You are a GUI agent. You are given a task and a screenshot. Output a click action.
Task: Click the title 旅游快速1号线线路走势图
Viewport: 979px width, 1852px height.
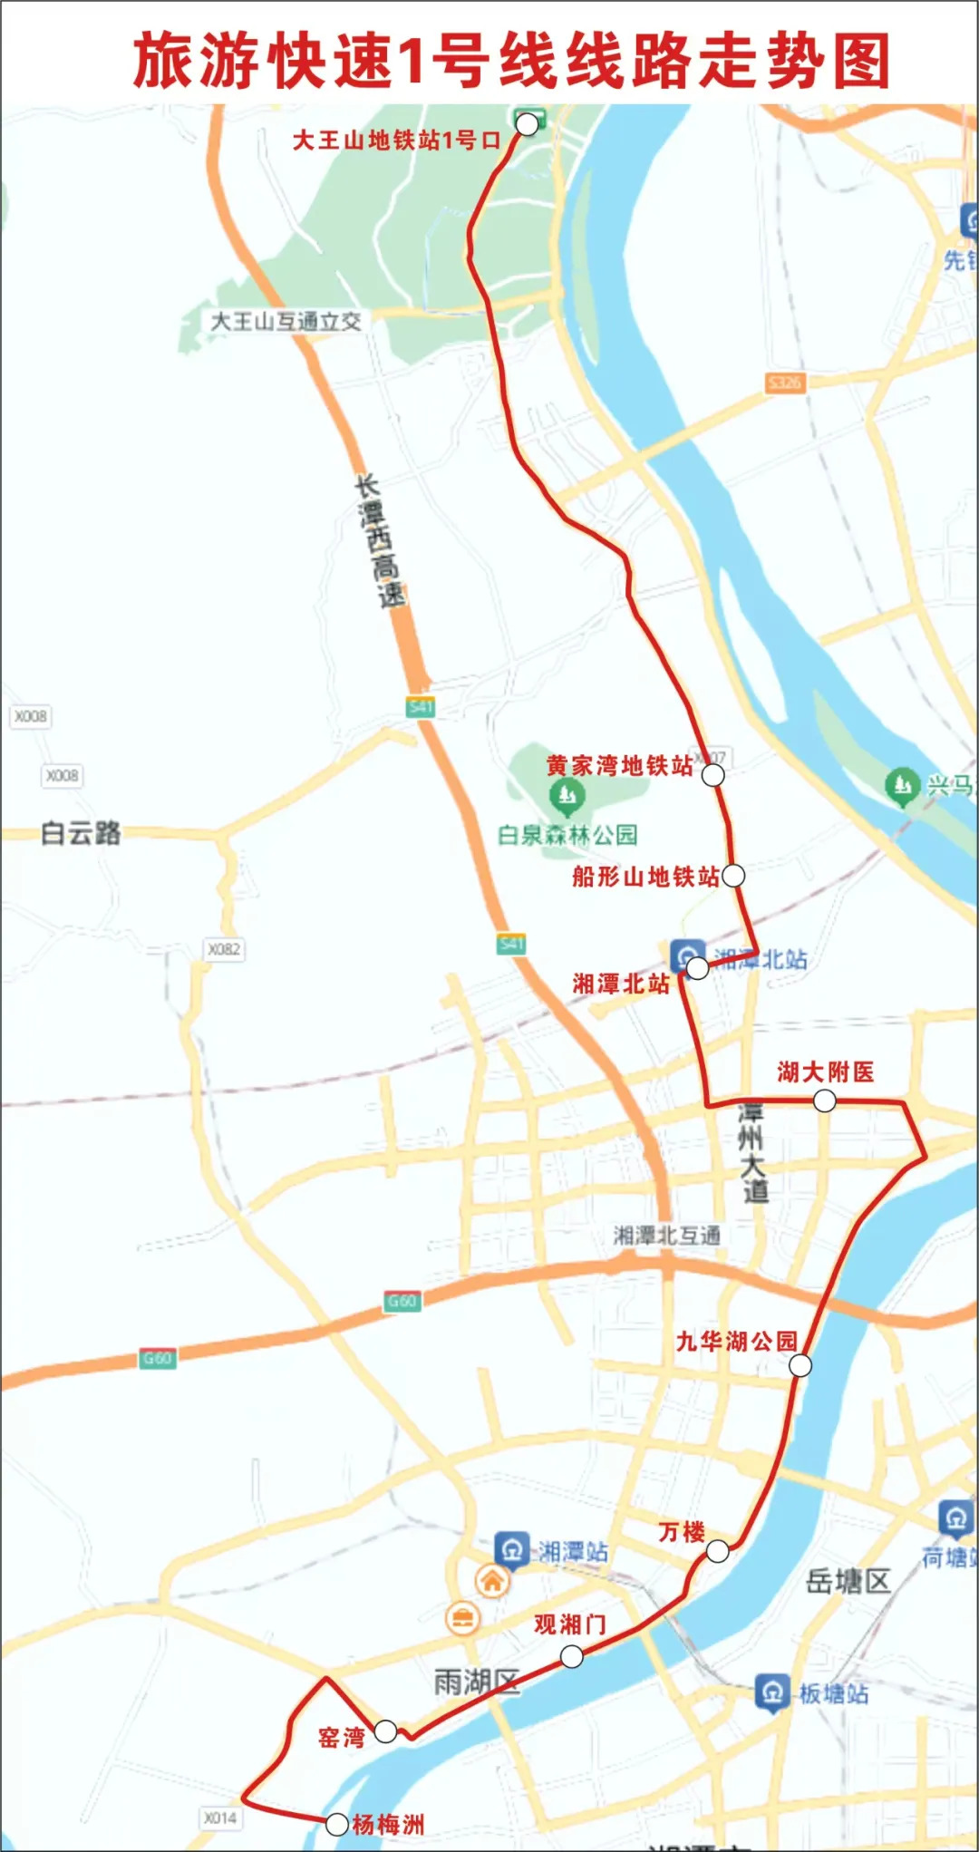512,61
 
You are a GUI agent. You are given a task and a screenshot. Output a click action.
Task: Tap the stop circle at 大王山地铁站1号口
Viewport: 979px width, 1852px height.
527,124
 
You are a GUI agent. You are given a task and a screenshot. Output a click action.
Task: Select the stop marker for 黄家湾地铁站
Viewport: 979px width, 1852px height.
713,775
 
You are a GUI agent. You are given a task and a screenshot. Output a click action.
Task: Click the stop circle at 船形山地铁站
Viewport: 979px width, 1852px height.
733,875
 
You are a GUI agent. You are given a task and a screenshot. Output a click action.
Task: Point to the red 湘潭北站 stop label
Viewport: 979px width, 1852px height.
621,984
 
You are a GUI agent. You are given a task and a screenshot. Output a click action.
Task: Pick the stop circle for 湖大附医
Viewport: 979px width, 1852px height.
824,1101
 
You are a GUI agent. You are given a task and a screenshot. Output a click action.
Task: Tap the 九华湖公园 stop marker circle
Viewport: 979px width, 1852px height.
800,1365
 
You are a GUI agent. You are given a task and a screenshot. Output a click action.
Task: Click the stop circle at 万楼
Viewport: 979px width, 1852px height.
717,1551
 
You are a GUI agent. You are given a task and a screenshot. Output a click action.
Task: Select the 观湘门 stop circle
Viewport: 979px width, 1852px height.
571,1656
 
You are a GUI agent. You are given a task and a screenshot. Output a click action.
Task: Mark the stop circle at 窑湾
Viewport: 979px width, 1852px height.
385,1731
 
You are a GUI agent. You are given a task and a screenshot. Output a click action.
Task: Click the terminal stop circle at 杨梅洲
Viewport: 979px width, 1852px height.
336,1824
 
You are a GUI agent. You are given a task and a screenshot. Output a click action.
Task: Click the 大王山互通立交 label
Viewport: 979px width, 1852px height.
286,321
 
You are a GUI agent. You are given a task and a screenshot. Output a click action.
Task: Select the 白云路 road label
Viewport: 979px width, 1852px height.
81,833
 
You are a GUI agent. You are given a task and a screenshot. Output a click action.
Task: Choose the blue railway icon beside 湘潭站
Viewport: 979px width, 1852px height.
511,1550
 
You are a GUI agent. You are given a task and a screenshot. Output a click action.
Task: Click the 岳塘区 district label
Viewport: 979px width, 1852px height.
848,1581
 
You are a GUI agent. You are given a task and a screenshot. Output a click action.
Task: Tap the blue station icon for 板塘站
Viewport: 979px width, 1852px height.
771,1692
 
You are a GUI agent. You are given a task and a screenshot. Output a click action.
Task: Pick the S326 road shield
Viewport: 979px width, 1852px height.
784,383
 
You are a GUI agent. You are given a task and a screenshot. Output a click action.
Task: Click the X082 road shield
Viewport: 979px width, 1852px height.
224,949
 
